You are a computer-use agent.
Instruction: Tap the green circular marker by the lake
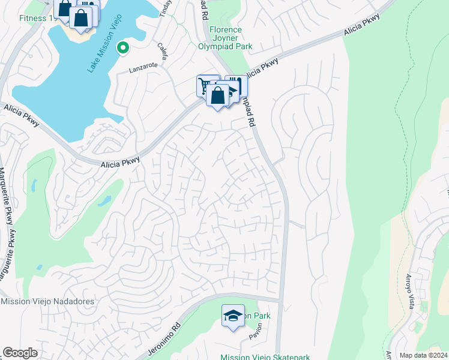pos(122,47)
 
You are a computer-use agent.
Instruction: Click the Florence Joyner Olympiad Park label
pos(226,38)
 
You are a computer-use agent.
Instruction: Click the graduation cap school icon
pos(232,316)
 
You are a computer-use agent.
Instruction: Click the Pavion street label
pos(257,334)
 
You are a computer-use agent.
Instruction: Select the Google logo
pos(20,353)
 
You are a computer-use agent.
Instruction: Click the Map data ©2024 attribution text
pos(423,355)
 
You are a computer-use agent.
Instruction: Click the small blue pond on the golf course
pos(103,200)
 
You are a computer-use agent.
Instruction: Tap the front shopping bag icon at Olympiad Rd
pos(217,95)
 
